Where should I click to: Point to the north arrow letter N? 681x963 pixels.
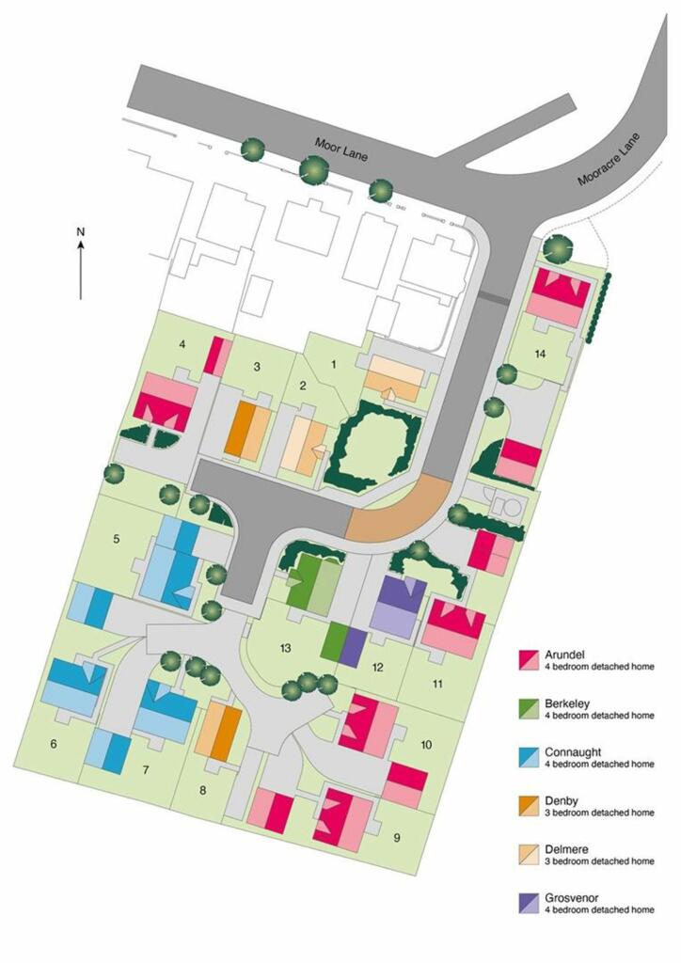point(81,231)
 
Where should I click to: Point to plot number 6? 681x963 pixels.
point(54,745)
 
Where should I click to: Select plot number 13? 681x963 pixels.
point(285,647)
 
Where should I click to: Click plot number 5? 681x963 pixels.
point(117,539)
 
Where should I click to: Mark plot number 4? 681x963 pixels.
point(182,345)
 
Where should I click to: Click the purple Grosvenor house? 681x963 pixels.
point(399,608)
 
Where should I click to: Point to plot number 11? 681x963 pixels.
point(436,684)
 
